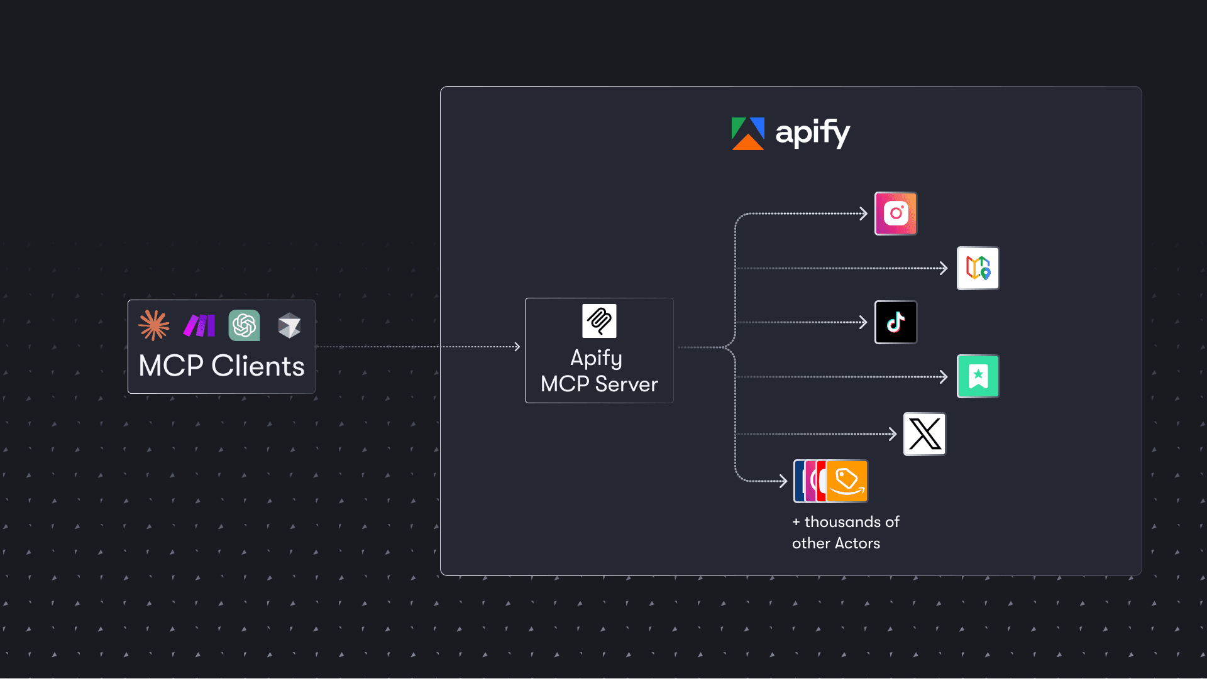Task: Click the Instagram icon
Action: (x=896, y=214)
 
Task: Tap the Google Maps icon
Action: (x=978, y=268)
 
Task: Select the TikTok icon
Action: (x=896, y=322)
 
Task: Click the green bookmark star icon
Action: (x=978, y=376)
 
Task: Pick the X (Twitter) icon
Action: (x=924, y=434)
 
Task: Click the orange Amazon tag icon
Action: (x=847, y=481)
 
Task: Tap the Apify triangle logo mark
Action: (x=747, y=134)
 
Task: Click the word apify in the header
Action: (x=812, y=133)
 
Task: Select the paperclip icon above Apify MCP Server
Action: (x=599, y=321)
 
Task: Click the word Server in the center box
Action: (x=626, y=384)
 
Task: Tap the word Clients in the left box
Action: (x=258, y=366)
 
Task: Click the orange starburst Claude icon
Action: (x=154, y=325)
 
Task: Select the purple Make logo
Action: (x=199, y=325)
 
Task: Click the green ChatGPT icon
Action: (x=244, y=325)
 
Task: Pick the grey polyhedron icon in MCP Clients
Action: (x=289, y=325)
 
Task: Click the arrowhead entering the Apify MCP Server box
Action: (x=517, y=347)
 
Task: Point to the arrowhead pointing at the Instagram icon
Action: (x=864, y=214)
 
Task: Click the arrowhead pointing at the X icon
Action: (x=893, y=434)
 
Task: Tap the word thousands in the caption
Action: (x=843, y=522)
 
